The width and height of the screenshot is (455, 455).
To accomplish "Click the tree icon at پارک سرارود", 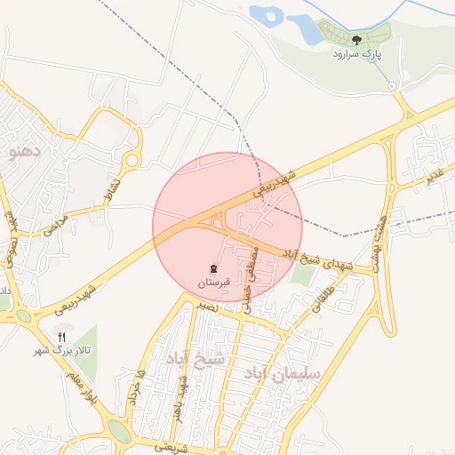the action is pos(356,40).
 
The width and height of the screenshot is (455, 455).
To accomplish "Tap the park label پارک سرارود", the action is pos(356,54).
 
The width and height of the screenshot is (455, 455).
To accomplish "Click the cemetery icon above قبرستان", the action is pos(213,268).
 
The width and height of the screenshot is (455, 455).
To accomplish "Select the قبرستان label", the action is pos(213,283).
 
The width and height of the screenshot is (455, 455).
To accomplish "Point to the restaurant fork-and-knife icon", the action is pos(61,337).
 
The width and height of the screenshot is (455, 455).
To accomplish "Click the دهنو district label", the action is pos(23,150).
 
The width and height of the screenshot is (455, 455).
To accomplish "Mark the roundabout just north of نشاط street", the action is pos(132,160).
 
